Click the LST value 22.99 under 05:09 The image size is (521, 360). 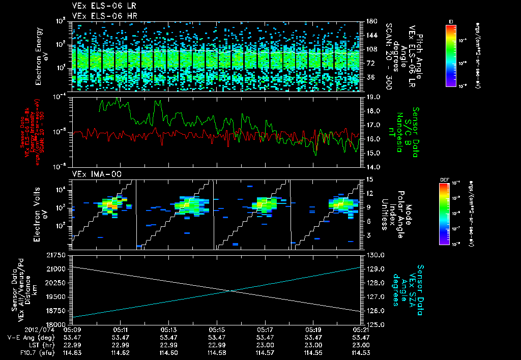click(x=72, y=345)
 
